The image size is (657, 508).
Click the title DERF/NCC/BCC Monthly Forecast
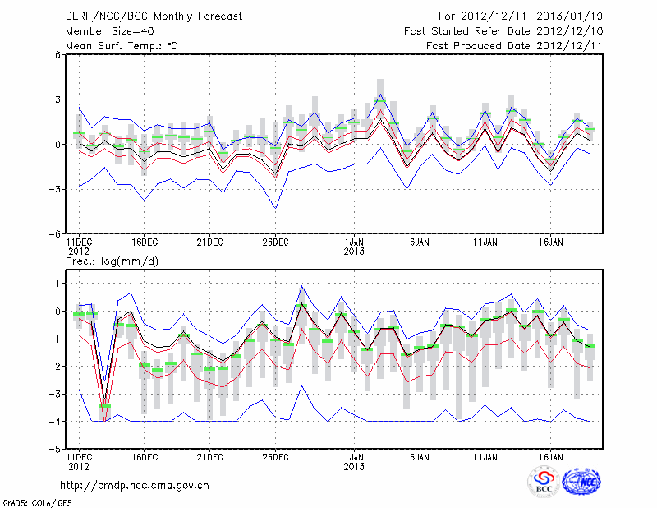click(x=151, y=16)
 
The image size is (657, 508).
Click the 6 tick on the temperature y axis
click(x=57, y=55)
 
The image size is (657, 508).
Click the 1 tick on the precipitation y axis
click(x=57, y=283)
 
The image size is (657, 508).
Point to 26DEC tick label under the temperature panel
click(x=275, y=242)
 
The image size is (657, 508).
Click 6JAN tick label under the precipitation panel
click(x=420, y=457)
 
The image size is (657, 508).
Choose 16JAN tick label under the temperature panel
click(x=551, y=242)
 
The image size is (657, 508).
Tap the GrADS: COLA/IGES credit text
click(x=32, y=501)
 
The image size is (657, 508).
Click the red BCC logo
click(x=544, y=482)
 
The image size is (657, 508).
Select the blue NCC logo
click(x=581, y=482)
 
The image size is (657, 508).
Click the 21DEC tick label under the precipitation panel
click(x=209, y=457)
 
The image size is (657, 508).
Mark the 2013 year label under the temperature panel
click(x=354, y=252)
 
